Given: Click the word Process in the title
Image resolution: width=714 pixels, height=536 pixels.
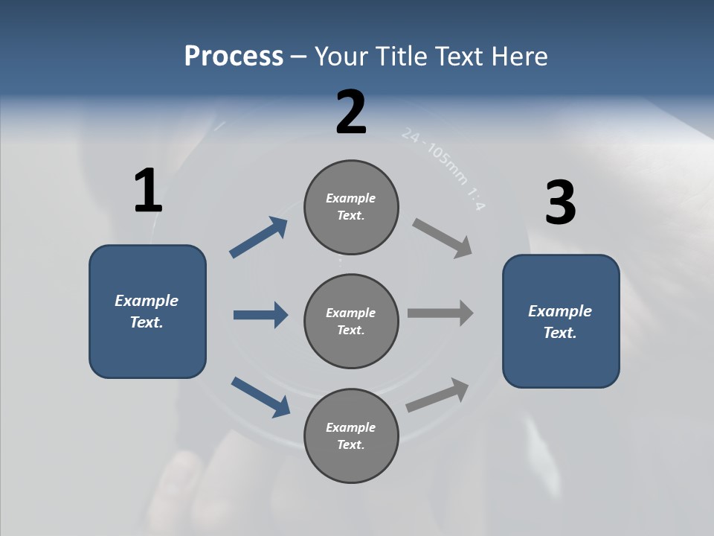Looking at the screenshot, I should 234,56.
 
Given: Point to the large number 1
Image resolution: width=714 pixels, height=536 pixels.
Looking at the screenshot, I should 148,191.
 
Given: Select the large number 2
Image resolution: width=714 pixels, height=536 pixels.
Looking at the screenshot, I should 351,112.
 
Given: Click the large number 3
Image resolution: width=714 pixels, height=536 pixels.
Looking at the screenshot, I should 560,203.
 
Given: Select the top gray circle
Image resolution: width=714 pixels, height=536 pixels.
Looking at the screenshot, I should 351,207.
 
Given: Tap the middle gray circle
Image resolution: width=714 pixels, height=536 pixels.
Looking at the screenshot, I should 351,321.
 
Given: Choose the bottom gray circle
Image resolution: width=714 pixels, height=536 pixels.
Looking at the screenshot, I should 351,435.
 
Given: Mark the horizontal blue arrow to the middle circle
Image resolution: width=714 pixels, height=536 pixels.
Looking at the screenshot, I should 260,315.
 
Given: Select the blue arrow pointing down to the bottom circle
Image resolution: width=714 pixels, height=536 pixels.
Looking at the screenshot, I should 260,397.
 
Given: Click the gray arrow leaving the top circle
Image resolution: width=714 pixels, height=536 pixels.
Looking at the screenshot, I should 443,237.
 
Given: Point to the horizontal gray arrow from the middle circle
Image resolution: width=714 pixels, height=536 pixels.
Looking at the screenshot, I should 440,313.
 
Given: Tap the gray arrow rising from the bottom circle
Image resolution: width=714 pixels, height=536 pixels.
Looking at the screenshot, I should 438,395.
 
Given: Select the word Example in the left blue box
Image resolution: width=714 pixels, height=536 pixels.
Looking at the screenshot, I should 147,301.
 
